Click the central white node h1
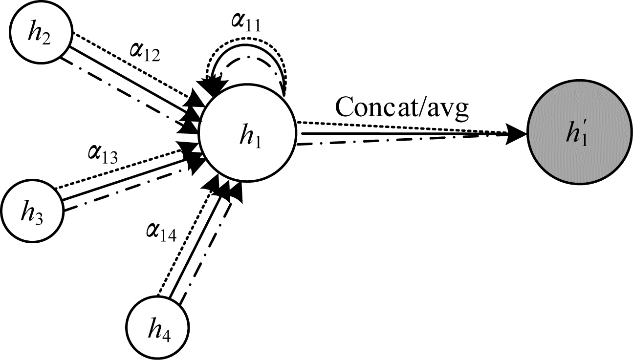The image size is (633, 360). point(247,132)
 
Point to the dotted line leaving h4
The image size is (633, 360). point(183,244)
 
